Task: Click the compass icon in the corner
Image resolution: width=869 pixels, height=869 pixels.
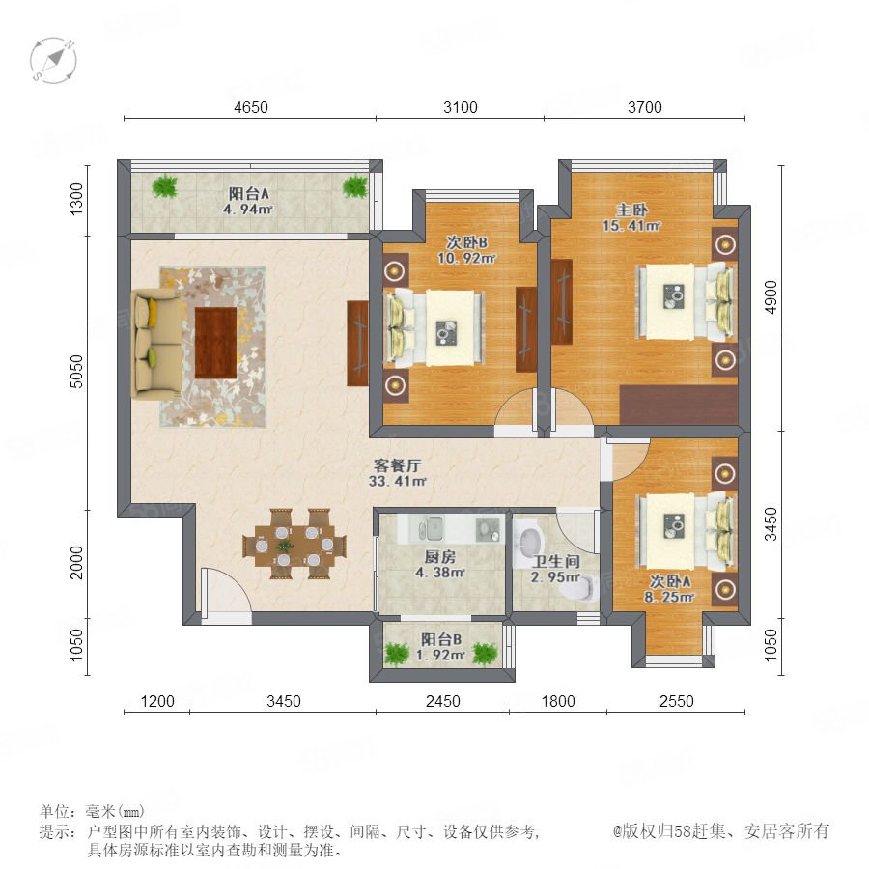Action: (x=53, y=61)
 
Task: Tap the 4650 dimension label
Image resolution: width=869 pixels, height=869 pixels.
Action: (x=250, y=107)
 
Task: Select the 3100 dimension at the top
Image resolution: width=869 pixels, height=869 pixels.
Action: (x=460, y=107)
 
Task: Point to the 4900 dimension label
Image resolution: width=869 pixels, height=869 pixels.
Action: (x=771, y=297)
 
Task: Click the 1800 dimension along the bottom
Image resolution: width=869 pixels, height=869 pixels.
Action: (x=558, y=701)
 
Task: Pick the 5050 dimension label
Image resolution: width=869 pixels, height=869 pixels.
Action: (x=76, y=372)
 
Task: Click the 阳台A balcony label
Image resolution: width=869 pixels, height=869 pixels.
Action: (x=249, y=194)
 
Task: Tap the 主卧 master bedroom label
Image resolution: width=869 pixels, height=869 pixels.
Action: (x=631, y=210)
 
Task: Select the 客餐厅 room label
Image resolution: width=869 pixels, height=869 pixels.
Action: (x=398, y=465)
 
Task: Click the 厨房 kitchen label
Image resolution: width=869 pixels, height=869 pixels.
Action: (x=440, y=557)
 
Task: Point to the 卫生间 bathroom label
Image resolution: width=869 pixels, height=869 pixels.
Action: (x=556, y=561)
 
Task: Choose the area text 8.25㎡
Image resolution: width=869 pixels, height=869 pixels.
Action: (x=669, y=597)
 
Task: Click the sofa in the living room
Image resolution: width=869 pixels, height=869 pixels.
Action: (x=156, y=346)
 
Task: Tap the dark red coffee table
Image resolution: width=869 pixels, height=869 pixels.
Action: (x=215, y=343)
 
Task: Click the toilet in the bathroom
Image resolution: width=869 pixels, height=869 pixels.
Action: (x=577, y=589)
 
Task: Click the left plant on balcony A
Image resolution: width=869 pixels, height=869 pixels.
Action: (x=165, y=186)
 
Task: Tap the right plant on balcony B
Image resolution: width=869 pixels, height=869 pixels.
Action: (x=485, y=654)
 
